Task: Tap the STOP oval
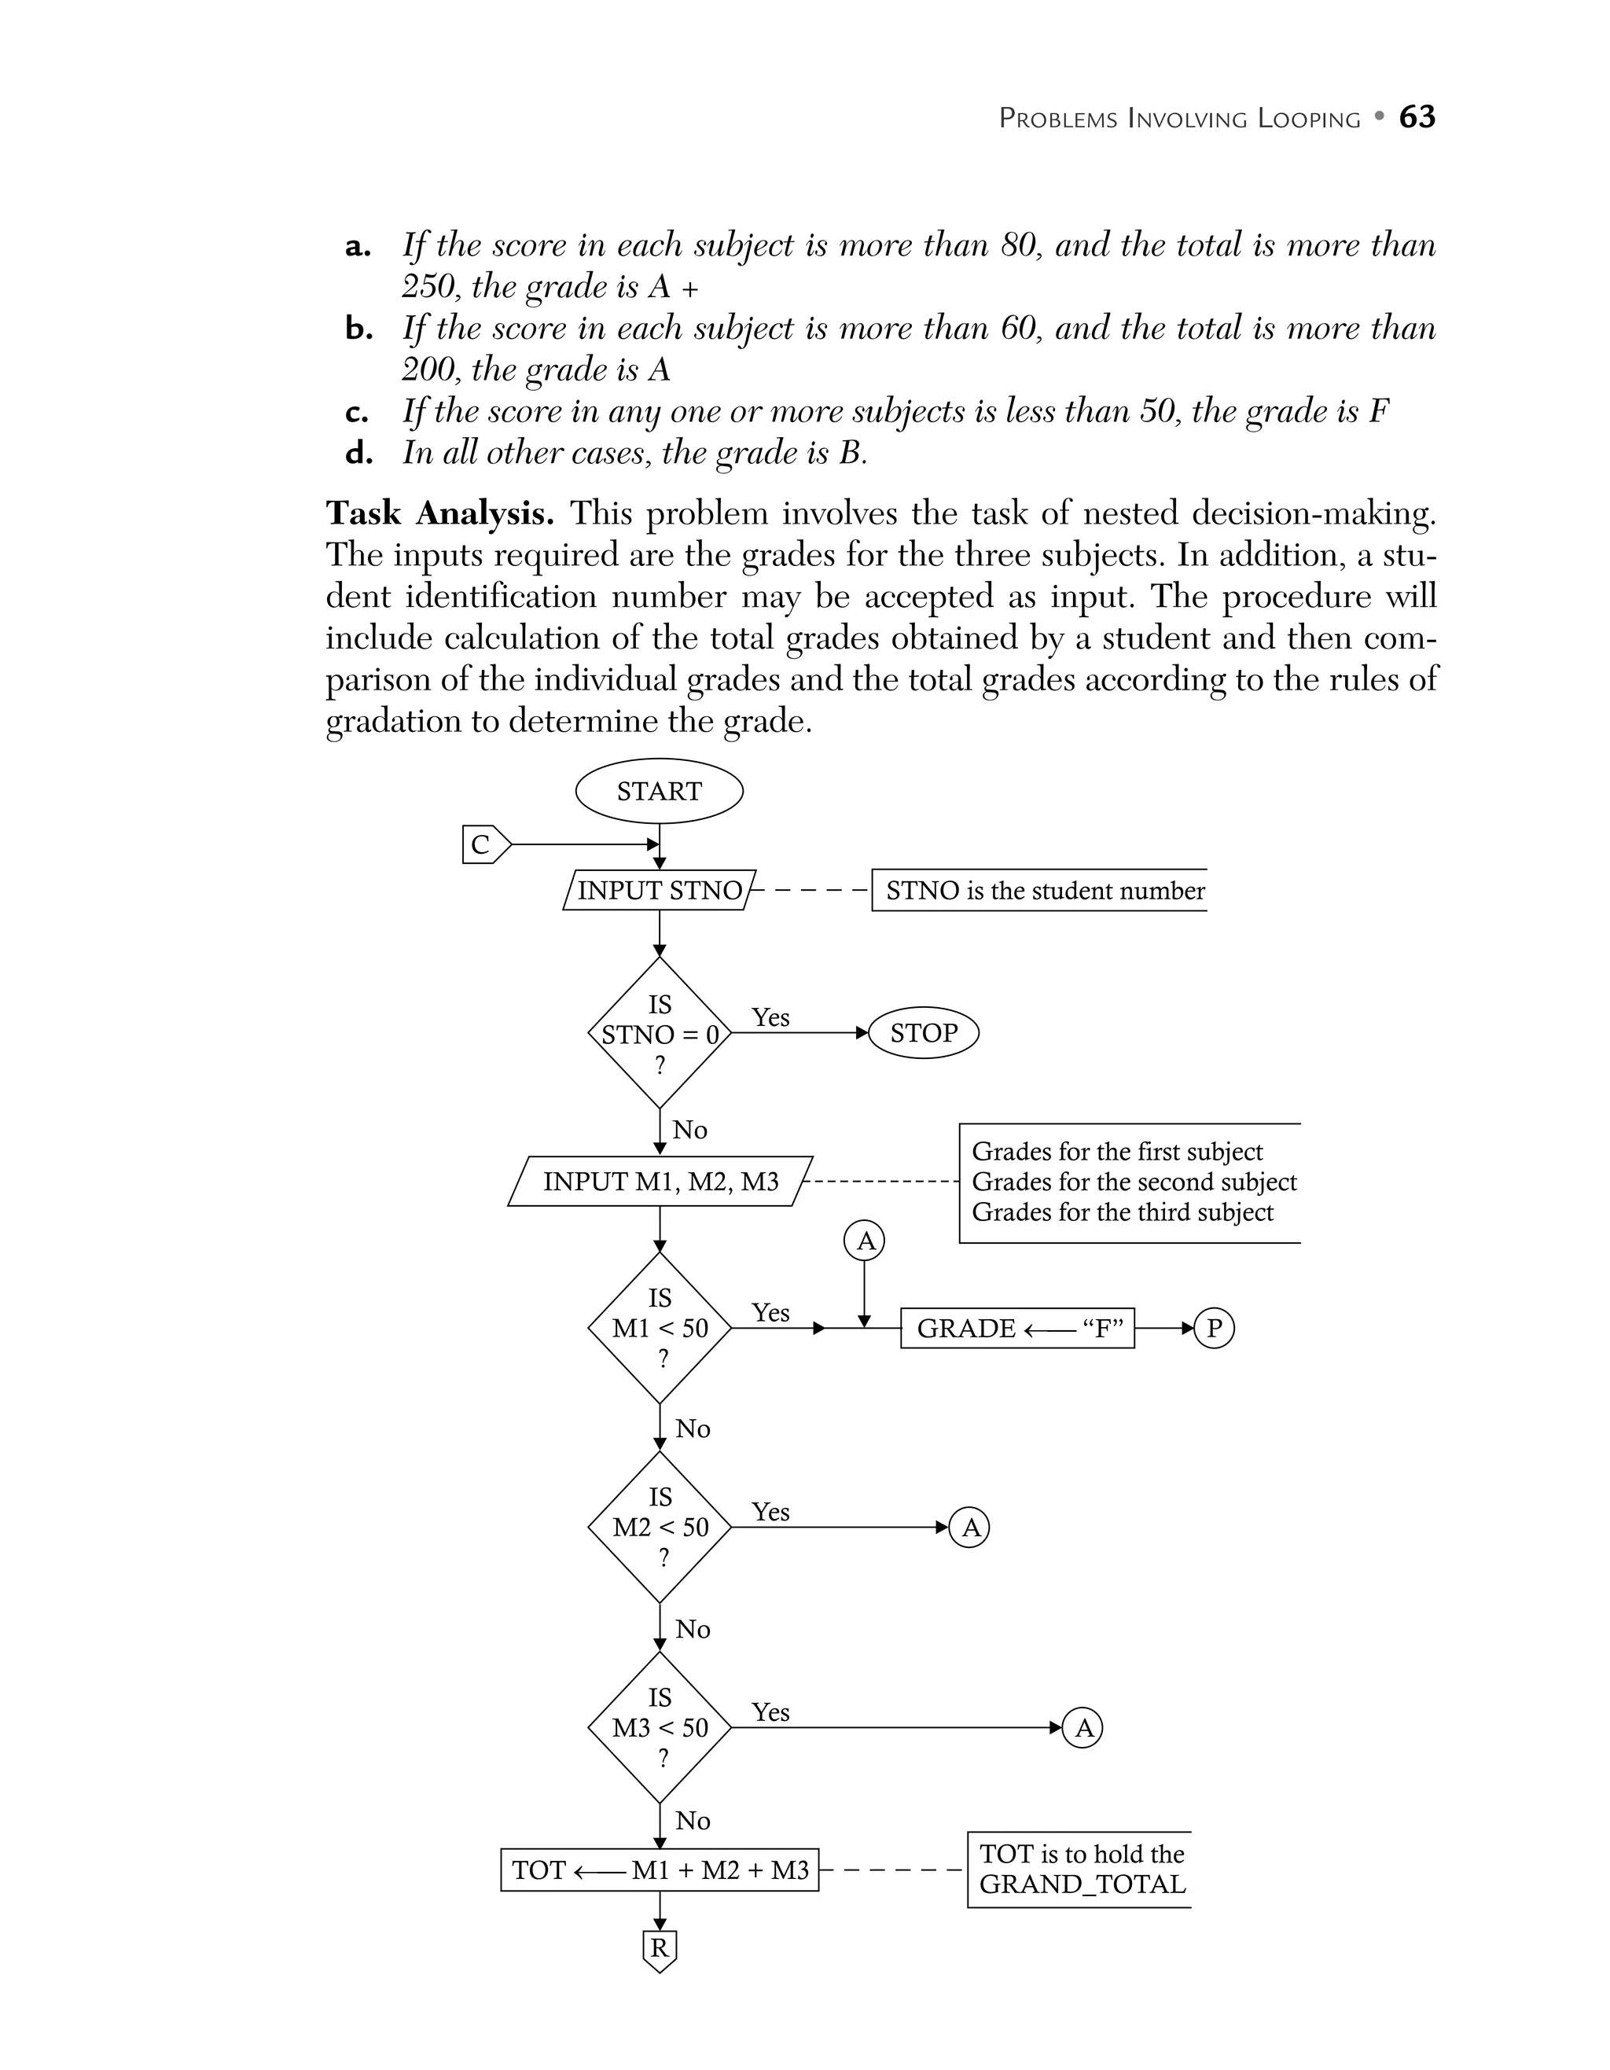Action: click(x=923, y=1032)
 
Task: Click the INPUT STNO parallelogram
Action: click(x=660, y=890)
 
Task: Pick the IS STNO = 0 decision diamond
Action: click(x=660, y=1033)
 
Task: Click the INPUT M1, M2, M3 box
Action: click(x=660, y=1181)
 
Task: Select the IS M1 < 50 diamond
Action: click(x=660, y=1328)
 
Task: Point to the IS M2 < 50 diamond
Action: click(x=660, y=1527)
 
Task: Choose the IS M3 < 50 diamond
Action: click(x=660, y=1727)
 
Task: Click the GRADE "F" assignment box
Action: click(x=1016, y=1328)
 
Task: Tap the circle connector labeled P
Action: click(x=1214, y=1328)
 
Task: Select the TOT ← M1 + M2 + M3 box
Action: click(x=660, y=1870)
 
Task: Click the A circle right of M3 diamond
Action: click(x=1083, y=1728)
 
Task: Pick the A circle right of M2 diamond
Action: click(x=969, y=1527)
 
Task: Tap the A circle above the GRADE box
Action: click(x=864, y=1241)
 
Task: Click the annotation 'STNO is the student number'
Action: click(x=1044, y=891)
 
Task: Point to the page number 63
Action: click(x=1417, y=117)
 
